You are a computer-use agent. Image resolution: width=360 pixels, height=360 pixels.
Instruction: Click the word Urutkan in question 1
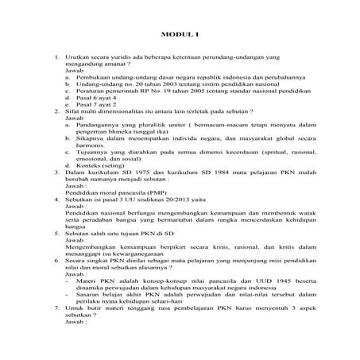coord(80,59)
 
